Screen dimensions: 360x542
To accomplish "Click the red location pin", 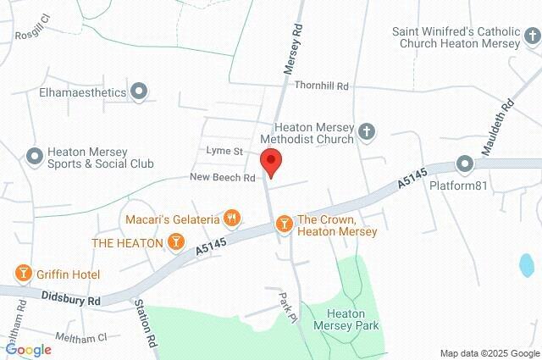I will (x=270, y=162).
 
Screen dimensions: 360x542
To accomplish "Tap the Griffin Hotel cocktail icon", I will (x=23, y=274).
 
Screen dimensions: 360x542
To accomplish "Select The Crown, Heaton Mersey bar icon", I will (x=285, y=224).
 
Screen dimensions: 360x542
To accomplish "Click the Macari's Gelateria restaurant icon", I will (x=232, y=219).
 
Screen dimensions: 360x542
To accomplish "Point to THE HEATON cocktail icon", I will (x=175, y=242).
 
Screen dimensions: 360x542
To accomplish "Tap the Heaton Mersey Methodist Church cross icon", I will (x=366, y=131).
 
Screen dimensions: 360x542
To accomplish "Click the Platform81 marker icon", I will (x=464, y=163).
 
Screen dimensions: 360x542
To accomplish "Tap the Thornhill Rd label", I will (x=322, y=86).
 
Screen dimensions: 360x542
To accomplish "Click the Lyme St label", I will (x=224, y=151).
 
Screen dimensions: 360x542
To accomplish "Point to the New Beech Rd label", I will (x=223, y=178).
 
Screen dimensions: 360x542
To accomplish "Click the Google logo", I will (x=28, y=349).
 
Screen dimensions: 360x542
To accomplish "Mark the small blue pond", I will (x=526, y=266).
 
